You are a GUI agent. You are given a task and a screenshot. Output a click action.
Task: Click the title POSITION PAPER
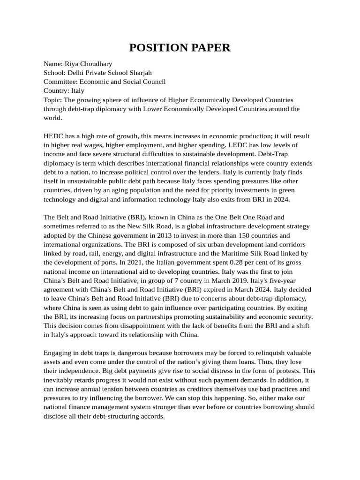(180, 47)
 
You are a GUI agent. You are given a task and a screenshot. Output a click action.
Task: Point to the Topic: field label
(52, 100)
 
